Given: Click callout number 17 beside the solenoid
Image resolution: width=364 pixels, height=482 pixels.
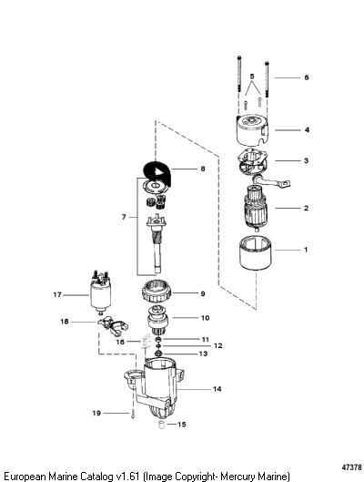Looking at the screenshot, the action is pos(57,295).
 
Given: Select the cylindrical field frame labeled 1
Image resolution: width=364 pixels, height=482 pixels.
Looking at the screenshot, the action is pos(256,252).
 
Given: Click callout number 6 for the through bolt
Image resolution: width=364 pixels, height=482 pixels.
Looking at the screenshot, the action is pos(307,77).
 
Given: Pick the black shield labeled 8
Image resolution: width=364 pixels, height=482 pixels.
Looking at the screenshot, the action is pos(157,173).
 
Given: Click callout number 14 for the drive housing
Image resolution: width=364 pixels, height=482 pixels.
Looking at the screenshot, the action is pos(217,389).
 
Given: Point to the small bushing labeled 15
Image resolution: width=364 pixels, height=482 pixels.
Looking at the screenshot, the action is pos(161,426).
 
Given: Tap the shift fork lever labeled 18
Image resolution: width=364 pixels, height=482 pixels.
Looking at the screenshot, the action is pos(112,326).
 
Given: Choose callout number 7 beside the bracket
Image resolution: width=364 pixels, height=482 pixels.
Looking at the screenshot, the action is pos(124,217).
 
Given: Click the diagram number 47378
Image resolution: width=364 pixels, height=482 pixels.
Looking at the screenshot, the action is pos(352,467).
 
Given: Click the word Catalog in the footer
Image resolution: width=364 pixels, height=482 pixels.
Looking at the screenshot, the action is pos(97,477).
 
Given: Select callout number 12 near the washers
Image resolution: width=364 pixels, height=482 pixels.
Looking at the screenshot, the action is pos(217,346).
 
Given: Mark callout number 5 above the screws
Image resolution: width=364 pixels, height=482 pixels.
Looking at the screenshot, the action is pos(252,76).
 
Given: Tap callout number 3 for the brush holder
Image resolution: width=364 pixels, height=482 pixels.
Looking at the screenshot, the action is pos(306,160).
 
